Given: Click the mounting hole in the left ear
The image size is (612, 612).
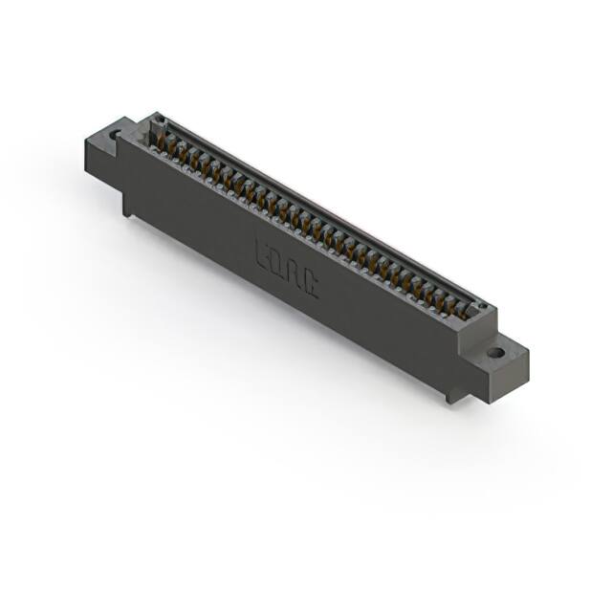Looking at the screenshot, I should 116,135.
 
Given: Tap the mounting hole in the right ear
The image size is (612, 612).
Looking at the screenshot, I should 494,353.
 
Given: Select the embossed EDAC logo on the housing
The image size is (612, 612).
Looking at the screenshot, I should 286,268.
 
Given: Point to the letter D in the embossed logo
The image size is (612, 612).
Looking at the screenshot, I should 278,263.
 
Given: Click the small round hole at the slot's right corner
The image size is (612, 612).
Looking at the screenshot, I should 483,308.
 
